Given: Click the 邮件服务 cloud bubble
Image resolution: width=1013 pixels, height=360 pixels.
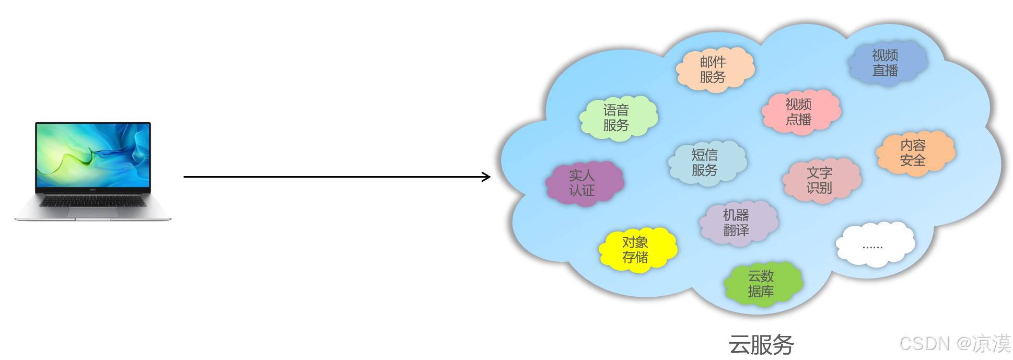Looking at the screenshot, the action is click(x=714, y=69).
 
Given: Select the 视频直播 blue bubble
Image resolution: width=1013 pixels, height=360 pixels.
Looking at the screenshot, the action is click(x=886, y=63).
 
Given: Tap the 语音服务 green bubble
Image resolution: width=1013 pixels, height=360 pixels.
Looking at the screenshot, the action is click(x=617, y=118).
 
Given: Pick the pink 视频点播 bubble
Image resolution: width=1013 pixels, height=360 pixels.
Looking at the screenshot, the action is click(x=799, y=112).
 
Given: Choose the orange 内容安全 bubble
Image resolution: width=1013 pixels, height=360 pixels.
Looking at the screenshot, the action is click(x=914, y=153).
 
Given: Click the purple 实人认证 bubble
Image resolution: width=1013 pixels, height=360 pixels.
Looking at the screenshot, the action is click(x=583, y=182).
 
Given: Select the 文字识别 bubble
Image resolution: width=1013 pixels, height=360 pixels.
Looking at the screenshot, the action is click(x=820, y=180).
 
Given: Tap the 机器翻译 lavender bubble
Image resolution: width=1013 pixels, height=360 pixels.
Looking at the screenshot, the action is click(x=737, y=223).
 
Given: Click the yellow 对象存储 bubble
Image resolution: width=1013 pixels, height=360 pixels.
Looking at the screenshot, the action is click(x=636, y=249).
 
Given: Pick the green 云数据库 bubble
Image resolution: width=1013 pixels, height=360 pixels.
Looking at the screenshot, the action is click(x=762, y=283).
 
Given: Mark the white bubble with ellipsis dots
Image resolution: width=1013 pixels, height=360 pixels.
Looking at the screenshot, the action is click(x=874, y=245).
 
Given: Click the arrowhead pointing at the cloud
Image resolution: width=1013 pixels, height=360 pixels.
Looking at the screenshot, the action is click(x=487, y=177).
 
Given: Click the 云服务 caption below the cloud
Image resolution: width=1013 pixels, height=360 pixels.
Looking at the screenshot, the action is click(x=761, y=345).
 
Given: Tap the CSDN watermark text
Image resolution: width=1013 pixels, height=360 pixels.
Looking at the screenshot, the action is click(x=924, y=344).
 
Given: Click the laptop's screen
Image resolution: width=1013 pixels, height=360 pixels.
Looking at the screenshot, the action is click(x=93, y=155).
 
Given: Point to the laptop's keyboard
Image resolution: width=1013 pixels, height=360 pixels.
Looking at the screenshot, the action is click(x=93, y=201).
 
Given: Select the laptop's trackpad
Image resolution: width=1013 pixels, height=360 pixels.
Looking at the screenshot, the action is click(x=93, y=212).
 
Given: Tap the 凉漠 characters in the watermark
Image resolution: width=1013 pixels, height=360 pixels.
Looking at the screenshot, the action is click(x=992, y=344).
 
